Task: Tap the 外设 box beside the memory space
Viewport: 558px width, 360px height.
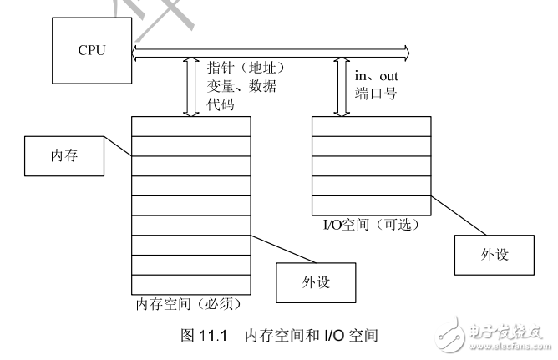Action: [315, 282]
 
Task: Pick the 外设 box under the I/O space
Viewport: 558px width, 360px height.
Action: [492, 254]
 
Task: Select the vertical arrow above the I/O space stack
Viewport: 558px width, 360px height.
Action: [340, 88]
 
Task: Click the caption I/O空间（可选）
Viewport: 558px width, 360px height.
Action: [371, 226]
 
